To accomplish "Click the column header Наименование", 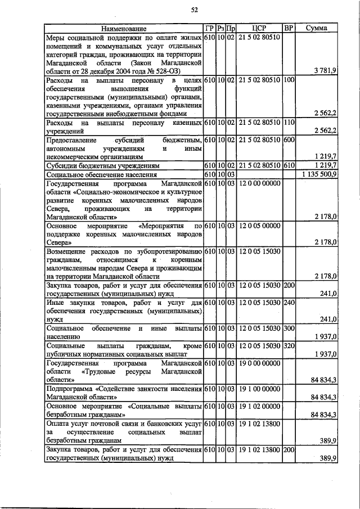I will tap(124, 28).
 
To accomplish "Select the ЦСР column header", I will tap(259, 28).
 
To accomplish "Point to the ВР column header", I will tap(289, 28).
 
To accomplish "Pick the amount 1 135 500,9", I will tap(318, 174).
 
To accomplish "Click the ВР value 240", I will tap(289, 303).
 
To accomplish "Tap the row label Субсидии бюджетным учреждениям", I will tap(103, 166).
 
